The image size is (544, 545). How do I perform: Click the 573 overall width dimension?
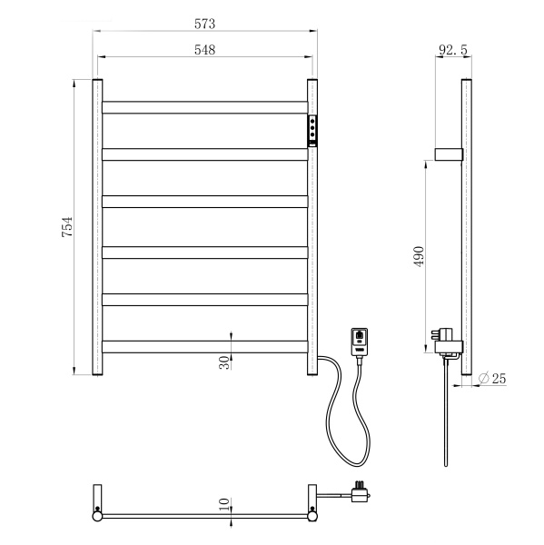(204, 24)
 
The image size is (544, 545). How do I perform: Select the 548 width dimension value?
(204, 50)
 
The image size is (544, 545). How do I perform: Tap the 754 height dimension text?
(67, 227)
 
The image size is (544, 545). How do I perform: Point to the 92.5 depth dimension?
(453, 50)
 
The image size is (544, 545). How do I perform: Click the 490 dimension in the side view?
(419, 256)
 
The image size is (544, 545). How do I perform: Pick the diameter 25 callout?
(492, 378)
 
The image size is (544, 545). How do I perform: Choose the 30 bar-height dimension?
(224, 362)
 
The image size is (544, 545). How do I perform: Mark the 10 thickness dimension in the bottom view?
(224, 504)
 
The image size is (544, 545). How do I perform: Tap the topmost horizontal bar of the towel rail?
(204, 107)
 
